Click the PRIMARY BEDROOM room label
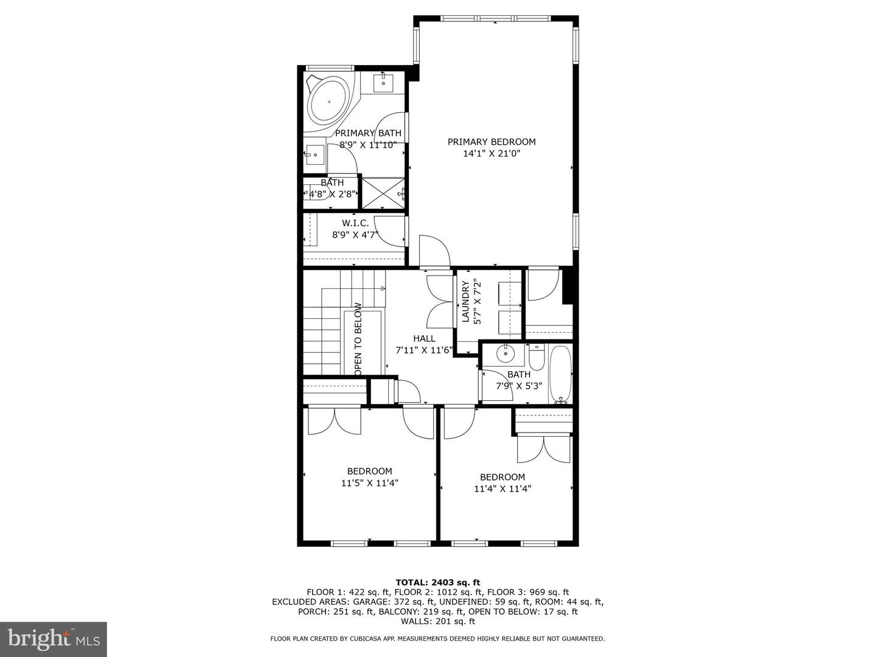[492, 142]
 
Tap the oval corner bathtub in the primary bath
[329, 102]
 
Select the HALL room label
[424, 339]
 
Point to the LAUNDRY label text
[465, 302]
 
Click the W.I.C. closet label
[355, 223]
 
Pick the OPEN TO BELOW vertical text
[358, 339]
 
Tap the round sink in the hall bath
[506, 353]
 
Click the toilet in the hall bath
[537, 357]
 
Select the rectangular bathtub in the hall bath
[560, 375]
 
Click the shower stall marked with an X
[383, 193]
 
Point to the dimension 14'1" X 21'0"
[492, 153]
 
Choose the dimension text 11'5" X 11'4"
[369, 483]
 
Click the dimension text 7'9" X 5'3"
[519, 386]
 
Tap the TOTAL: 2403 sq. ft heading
[438, 583]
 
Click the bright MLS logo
[54, 639]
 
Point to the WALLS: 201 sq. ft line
[438, 621]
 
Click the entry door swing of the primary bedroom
[434, 251]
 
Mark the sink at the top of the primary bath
[383, 83]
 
